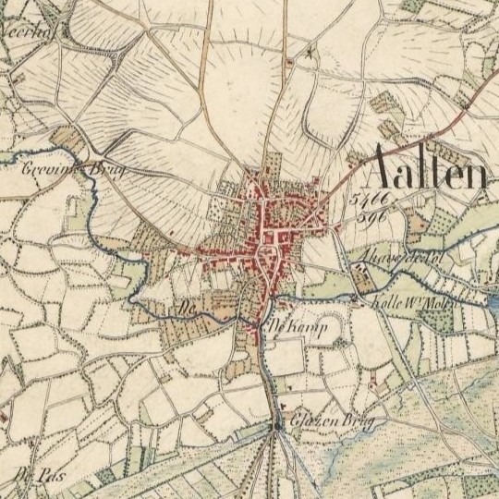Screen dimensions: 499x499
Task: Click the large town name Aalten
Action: [x=427, y=171]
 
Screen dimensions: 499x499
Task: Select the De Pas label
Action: [x=31, y=477]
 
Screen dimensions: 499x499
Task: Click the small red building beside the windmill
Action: [x=289, y=62]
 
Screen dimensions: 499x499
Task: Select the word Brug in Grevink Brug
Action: [x=105, y=174]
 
